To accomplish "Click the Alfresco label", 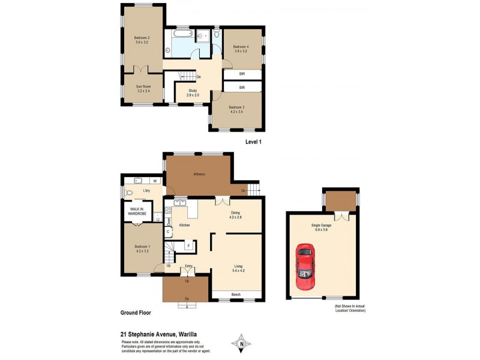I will point(199,174).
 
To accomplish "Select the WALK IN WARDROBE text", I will point(135,211).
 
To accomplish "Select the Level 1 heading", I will point(254,142).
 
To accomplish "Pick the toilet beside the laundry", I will point(129,193).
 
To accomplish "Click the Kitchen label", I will point(185,225).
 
